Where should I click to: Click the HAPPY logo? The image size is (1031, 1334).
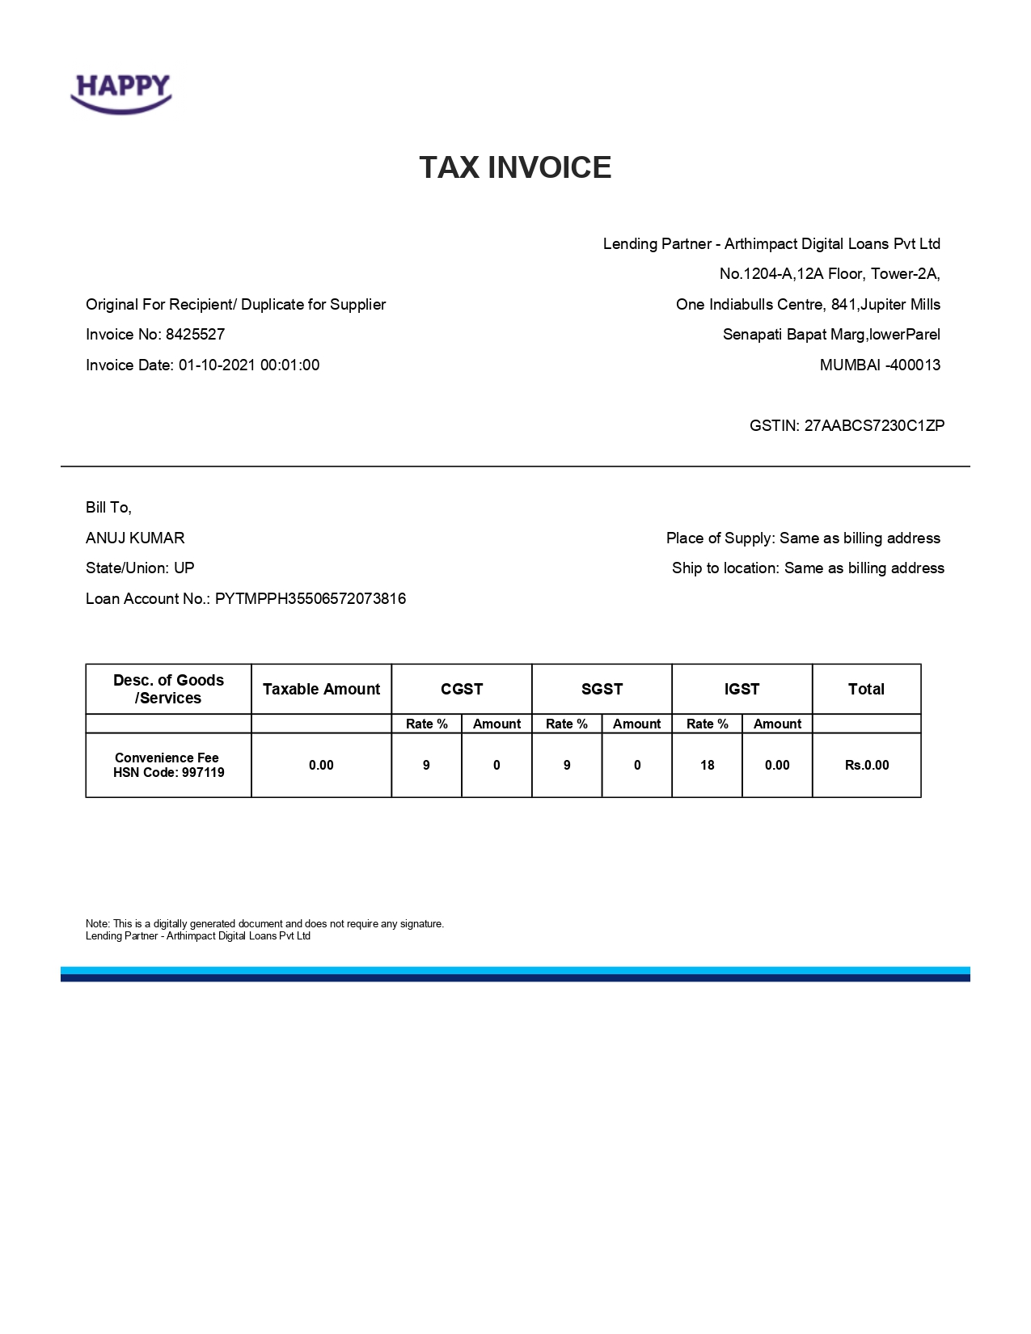tap(121, 92)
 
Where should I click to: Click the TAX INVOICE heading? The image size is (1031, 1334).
tap(515, 167)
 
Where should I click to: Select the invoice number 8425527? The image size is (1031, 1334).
tap(195, 335)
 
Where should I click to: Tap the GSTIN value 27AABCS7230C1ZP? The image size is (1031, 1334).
tap(874, 426)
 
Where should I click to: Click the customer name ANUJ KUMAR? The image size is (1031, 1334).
tap(135, 538)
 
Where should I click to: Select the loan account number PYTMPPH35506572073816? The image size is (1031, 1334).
tap(311, 599)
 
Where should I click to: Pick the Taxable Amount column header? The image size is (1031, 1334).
tap(321, 690)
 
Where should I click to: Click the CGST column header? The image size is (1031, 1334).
tap(462, 690)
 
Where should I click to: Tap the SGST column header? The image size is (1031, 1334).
tap(602, 690)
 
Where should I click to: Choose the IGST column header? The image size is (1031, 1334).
tap(742, 690)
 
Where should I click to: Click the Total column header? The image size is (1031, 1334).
tap(866, 690)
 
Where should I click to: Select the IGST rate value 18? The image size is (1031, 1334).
tap(707, 766)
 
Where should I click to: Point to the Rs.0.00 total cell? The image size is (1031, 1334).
tap(866, 766)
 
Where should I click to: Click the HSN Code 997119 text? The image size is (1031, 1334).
tap(168, 773)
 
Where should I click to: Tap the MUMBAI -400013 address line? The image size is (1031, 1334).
tap(880, 365)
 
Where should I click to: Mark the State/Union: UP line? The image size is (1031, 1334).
tap(140, 568)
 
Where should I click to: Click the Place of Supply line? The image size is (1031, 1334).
tap(803, 538)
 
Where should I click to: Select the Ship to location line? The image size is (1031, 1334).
tap(808, 568)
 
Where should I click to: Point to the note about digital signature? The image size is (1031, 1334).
tap(264, 924)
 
